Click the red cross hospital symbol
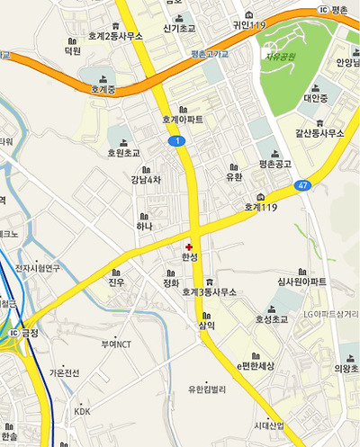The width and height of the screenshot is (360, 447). tap(189, 246)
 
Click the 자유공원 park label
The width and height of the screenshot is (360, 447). tap(280, 58)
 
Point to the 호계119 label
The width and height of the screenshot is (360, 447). tap(261, 207)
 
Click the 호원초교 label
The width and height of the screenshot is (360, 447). tap(124, 153)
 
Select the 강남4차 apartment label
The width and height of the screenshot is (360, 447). tap(146, 179)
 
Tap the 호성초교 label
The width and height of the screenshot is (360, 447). tap(271, 318)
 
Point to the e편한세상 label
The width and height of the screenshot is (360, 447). tap(255, 366)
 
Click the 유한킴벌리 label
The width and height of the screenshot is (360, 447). tap(206, 389)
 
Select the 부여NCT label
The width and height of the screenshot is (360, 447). tap(117, 344)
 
